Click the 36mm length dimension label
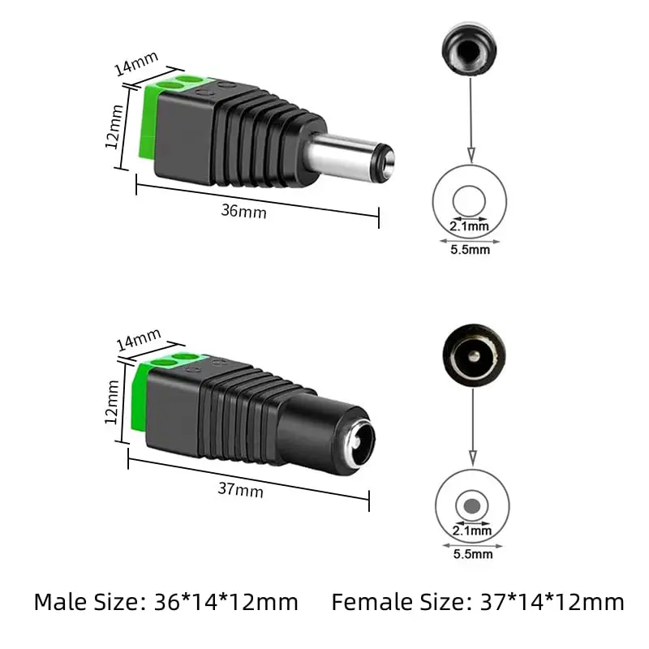coord(243,211)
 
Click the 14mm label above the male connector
coord(136,64)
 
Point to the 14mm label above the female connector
coord(137,342)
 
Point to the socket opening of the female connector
coord(355,443)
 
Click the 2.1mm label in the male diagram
coord(470,227)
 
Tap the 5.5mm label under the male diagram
coord(470,250)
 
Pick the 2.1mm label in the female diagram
coord(471,531)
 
